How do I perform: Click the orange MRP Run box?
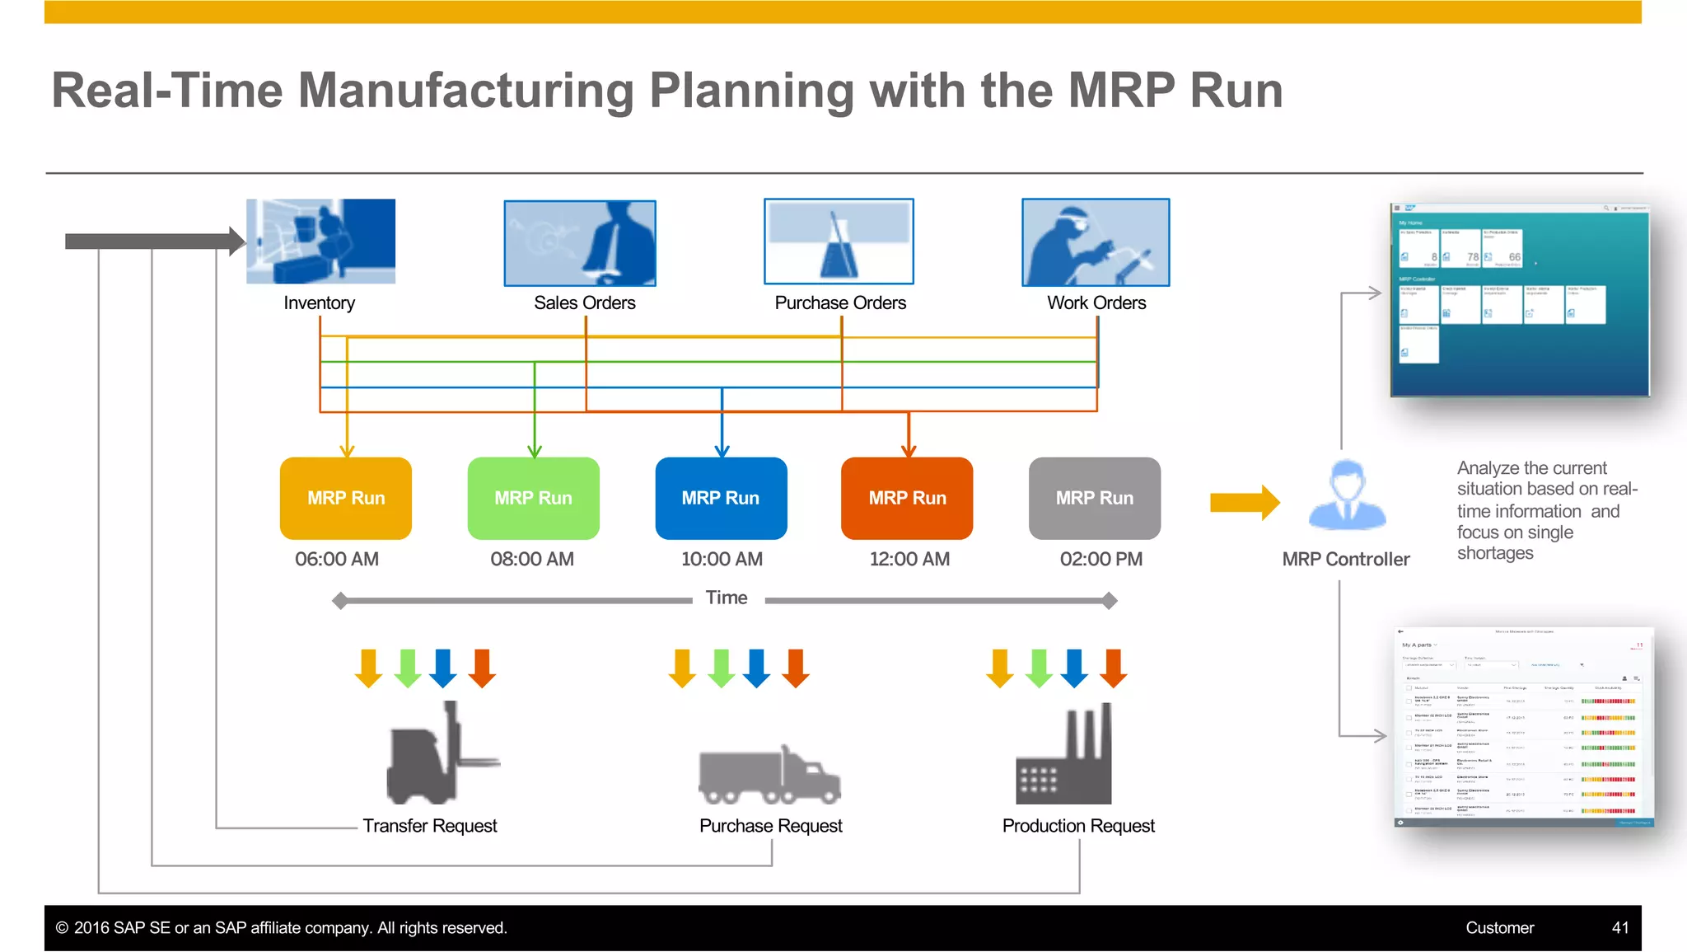point(907,498)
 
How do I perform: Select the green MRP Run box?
point(533,498)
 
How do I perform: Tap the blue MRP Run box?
point(721,498)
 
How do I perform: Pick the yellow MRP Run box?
point(346,498)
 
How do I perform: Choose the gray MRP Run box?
point(1095,498)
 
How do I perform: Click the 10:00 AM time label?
point(722,559)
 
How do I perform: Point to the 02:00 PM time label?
point(1101,559)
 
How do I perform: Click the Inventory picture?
point(320,242)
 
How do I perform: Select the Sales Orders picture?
point(580,243)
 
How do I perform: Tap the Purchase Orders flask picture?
point(839,242)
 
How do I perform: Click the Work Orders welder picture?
point(1096,242)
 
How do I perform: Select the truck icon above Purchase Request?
point(769,775)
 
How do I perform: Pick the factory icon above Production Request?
point(1064,757)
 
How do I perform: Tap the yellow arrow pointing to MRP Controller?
point(1244,502)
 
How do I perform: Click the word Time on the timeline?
point(727,598)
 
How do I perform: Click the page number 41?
point(1619,927)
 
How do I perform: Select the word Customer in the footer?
point(1499,927)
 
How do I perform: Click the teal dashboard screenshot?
point(1520,300)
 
